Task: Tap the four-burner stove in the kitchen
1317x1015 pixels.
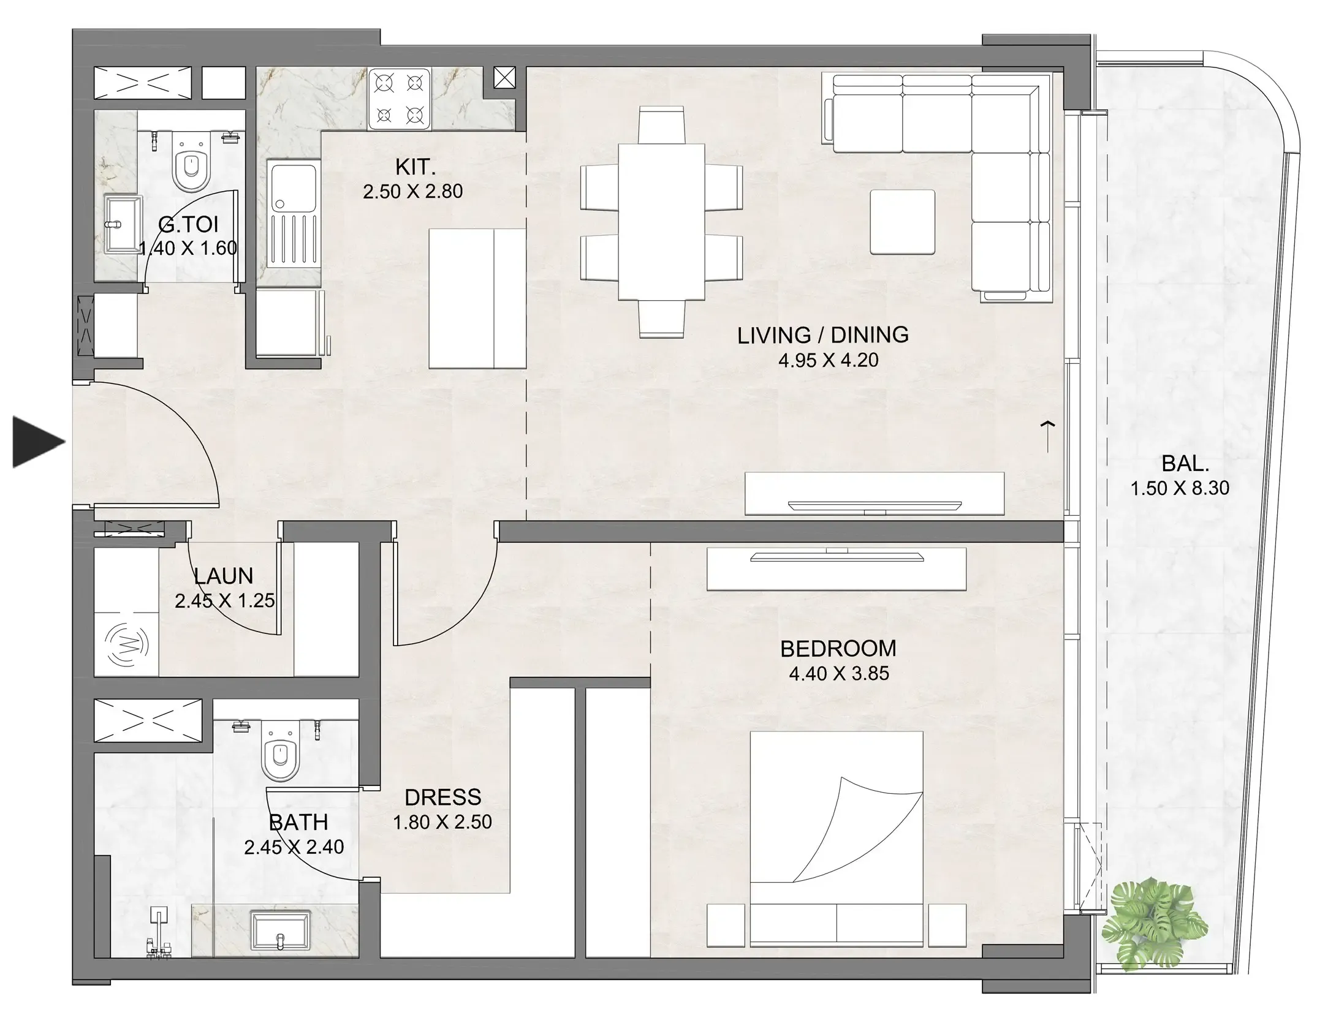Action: pyautogui.click(x=400, y=99)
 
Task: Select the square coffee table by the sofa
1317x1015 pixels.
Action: pyautogui.click(x=902, y=222)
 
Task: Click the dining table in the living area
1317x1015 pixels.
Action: pyautogui.click(x=661, y=222)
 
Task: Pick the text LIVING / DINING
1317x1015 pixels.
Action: pyautogui.click(x=822, y=335)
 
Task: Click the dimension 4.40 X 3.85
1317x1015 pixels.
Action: pyautogui.click(x=838, y=674)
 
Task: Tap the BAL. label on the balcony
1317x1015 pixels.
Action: pyautogui.click(x=1185, y=464)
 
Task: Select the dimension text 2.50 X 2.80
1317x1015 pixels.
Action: pyautogui.click(x=412, y=192)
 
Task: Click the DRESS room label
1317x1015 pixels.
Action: pyautogui.click(x=442, y=797)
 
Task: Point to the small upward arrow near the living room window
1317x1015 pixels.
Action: pyautogui.click(x=1048, y=436)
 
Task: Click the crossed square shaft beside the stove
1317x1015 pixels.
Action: pyautogui.click(x=504, y=78)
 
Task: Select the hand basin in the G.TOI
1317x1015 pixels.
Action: pyautogui.click(x=122, y=224)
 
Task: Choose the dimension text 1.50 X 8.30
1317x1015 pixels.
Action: pyautogui.click(x=1180, y=488)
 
